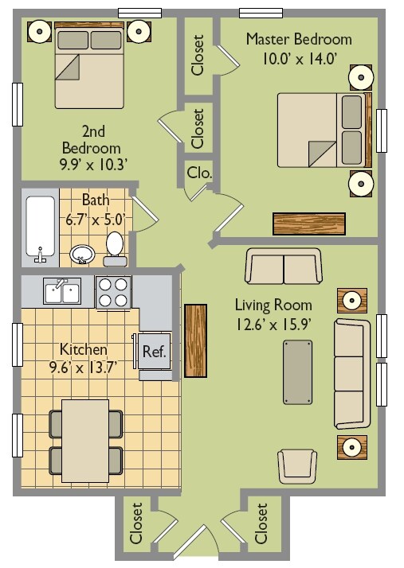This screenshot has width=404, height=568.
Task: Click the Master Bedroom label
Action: (x=299, y=39)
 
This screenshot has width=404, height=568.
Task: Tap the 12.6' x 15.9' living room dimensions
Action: (x=273, y=325)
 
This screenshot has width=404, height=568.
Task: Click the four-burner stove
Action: (x=113, y=292)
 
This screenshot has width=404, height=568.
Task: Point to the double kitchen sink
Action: (x=62, y=290)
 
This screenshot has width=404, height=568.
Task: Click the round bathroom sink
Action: (x=82, y=255)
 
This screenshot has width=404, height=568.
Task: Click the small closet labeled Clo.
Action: (x=199, y=173)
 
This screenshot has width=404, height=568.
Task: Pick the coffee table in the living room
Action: (x=298, y=372)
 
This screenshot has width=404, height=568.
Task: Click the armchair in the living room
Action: (x=297, y=466)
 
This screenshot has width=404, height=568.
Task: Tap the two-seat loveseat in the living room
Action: (x=284, y=266)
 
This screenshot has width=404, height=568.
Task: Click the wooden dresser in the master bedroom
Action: (x=309, y=224)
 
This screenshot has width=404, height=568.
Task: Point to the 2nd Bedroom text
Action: (x=92, y=140)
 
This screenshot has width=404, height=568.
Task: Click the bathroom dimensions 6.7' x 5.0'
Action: (x=96, y=220)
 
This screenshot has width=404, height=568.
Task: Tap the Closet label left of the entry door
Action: (x=136, y=523)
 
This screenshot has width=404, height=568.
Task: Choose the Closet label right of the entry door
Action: (x=261, y=523)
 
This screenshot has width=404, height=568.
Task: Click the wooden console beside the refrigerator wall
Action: (x=196, y=340)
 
